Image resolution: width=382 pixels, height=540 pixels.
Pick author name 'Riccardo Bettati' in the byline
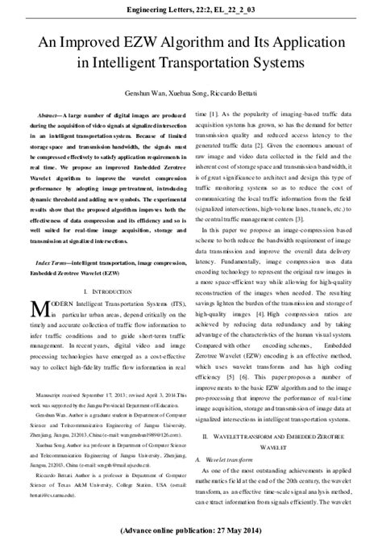[239, 95]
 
